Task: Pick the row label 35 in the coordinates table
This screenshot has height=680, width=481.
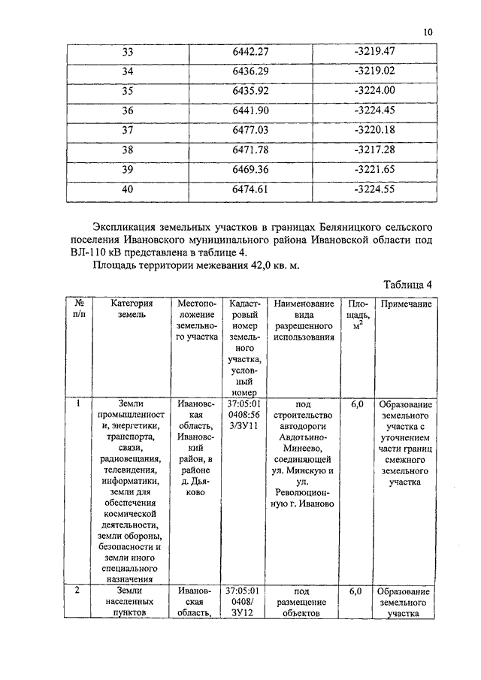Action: (x=127, y=91)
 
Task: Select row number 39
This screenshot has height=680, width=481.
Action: (x=127, y=169)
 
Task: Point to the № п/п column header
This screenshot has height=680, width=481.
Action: (x=79, y=310)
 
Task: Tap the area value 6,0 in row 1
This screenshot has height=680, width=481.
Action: (x=357, y=404)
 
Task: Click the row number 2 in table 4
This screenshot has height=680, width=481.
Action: (x=78, y=591)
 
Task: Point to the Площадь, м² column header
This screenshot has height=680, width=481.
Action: (x=357, y=316)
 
